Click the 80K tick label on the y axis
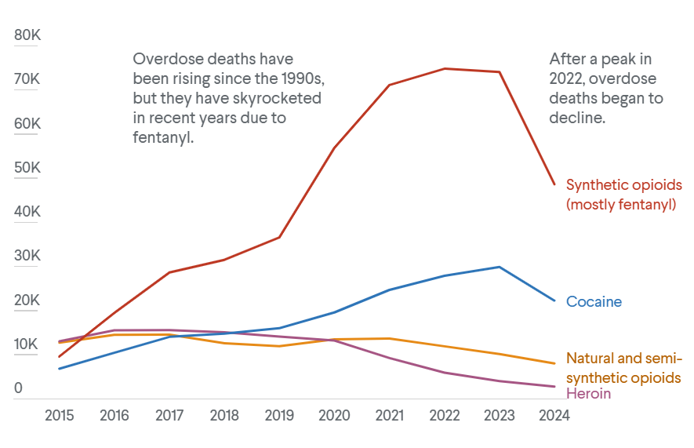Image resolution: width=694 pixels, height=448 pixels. pyautogui.click(x=27, y=36)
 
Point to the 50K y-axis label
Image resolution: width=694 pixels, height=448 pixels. pyautogui.click(x=27, y=169)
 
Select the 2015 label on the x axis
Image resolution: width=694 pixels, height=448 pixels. pyautogui.click(x=60, y=416)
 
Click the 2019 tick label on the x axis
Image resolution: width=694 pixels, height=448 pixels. pyautogui.click(x=279, y=416)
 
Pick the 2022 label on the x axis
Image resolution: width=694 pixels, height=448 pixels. pyautogui.click(x=444, y=416)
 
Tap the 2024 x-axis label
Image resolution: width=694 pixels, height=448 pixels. pyautogui.click(x=554, y=416)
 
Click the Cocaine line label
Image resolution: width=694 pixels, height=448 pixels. pyautogui.click(x=594, y=302)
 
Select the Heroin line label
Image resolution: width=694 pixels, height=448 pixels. pyautogui.click(x=588, y=393)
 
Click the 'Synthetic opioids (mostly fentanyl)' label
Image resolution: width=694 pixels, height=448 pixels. pyautogui.click(x=623, y=195)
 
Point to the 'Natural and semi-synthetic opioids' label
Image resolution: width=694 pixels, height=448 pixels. pyautogui.click(x=623, y=368)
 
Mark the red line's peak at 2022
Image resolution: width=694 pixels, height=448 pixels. pyautogui.click(x=445, y=68)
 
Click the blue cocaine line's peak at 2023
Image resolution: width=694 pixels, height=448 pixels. pyautogui.click(x=500, y=267)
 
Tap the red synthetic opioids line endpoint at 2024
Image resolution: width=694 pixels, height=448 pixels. pyautogui.click(x=554, y=184)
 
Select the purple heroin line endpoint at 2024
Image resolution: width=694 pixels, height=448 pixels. pyautogui.click(x=554, y=386)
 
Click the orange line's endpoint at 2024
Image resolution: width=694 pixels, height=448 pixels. pyautogui.click(x=554, y=363)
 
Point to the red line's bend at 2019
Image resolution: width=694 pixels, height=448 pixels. pyautogui.click(x=280, y=237)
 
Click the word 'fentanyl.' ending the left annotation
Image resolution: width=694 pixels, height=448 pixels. pyautogui.click(x=163, y=137)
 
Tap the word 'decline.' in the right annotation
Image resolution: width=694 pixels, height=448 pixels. pyautogui.click(x=577, y=118)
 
